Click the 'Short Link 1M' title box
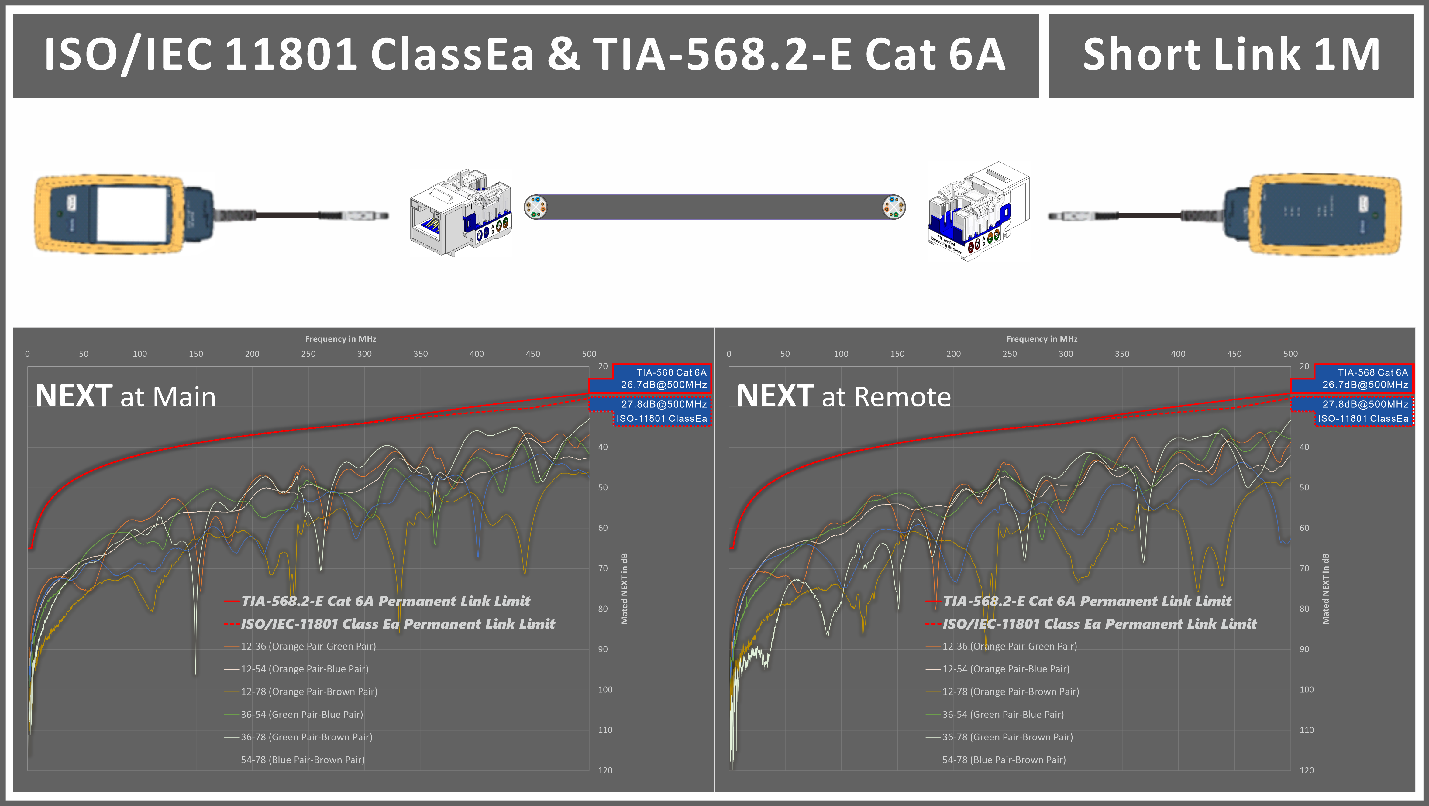pyautogui.click(x=1231, y=56)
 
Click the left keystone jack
pyautogui.click(x=460, y=214)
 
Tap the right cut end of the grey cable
pyautogui.click(x=894, y=207)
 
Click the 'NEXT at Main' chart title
pyautogui.click(x=126, y=396)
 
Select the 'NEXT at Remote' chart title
pyautogui.click(x=843, y=396)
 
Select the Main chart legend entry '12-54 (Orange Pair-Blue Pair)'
pyautogui.click(x=305, y=669)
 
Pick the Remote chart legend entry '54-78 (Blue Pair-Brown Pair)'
pyautogui.click(x=1004, y=760)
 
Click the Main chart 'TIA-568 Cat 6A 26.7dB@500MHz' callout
pyautogui.click(x=650, y=378)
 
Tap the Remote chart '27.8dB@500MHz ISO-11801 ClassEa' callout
pyautogui.click(x=1352, y=411)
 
